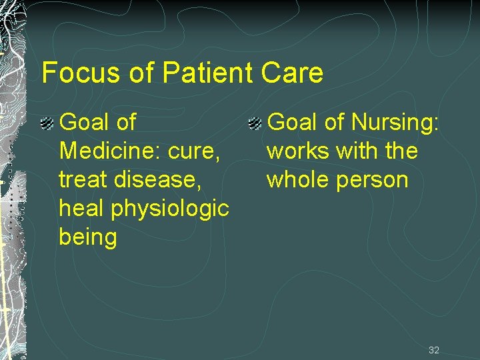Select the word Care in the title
(293, 73)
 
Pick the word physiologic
(172, 209)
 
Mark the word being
(88, 237)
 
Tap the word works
(298, 151)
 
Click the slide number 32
(434, 350)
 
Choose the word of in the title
(141, 73)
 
